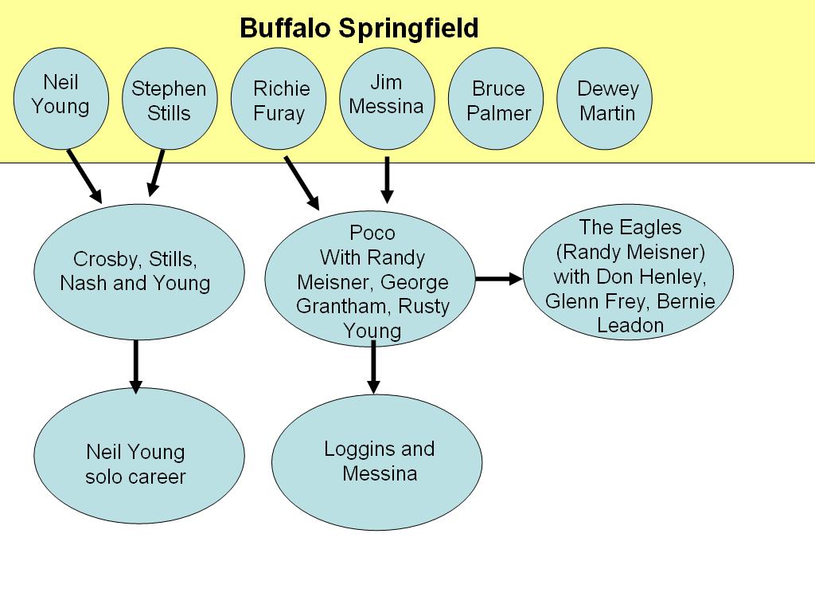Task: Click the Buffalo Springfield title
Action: pos(359,29)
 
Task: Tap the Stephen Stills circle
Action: pos(169,100)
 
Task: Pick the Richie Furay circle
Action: pos(279,100)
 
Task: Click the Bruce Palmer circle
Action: pos(498,100)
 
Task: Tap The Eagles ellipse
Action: pos(630,276)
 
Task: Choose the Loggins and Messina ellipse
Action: pos(377,461)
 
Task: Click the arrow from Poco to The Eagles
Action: pos(499,279)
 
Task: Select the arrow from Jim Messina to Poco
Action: pos(387,179)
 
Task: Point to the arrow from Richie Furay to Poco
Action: pos(302,182)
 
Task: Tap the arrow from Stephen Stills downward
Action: pos(156,173)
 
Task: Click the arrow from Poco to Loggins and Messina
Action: pos(372,367)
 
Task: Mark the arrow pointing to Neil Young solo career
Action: pos(135,365)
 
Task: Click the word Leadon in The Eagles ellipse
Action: pos(630,325)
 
